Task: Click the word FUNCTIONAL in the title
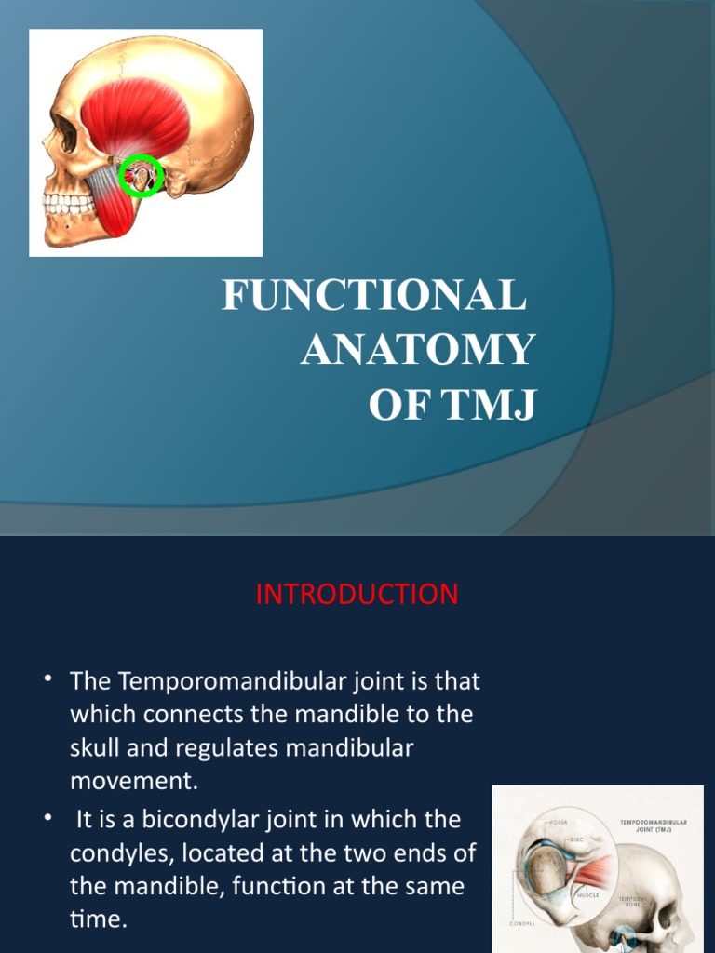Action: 374,297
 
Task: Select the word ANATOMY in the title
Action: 417,351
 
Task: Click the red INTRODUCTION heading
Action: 357,595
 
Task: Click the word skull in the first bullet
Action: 98,749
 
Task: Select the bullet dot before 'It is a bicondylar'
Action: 47,817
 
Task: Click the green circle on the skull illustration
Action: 141,175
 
